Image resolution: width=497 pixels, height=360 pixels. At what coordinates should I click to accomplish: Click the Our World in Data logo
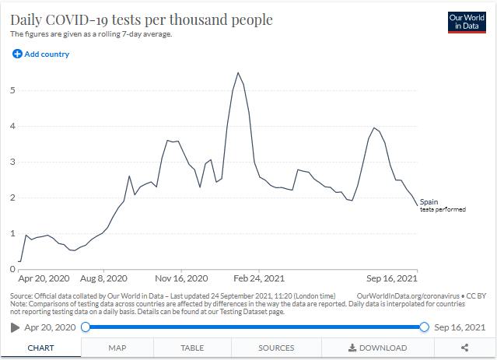click(x=467, y=22)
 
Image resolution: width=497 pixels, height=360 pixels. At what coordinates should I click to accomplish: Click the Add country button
click(x=40, y=54)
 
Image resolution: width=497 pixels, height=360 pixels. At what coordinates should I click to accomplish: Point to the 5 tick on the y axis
click(x=12, y=90)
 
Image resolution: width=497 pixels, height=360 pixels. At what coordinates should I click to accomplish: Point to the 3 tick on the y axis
click(x=12, y=162)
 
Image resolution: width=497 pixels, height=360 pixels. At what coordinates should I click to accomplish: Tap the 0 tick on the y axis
click(x=12, y=269)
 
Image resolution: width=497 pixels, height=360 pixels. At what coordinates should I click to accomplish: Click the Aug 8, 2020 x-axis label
click(x=103, y=278)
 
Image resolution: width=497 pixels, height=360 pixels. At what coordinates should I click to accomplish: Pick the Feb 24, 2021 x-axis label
click(x=261, y=278)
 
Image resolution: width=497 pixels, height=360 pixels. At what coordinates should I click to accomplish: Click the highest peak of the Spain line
click(x=237, y=72)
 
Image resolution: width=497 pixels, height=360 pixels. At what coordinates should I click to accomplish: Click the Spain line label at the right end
click(x=429, y=202)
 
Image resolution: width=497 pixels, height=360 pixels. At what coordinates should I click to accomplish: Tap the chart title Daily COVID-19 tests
click(x=141, y=19)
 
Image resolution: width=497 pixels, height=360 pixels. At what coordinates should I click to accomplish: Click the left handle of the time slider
click(x=86, y=327)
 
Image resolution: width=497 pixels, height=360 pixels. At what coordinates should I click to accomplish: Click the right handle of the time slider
click(x=424, y=327)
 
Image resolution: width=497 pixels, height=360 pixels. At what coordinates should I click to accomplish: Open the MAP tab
click(x=117, y=348)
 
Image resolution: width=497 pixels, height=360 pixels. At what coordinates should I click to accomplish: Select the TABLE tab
click(x=193, y=348)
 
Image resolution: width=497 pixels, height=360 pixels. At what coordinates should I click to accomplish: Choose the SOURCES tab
click(x=276, y=348)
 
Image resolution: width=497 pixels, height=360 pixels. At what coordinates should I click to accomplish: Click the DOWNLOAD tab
click(x=377, y=348)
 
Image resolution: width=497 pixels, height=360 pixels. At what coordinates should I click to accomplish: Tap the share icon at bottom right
click(x=464, y=348)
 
